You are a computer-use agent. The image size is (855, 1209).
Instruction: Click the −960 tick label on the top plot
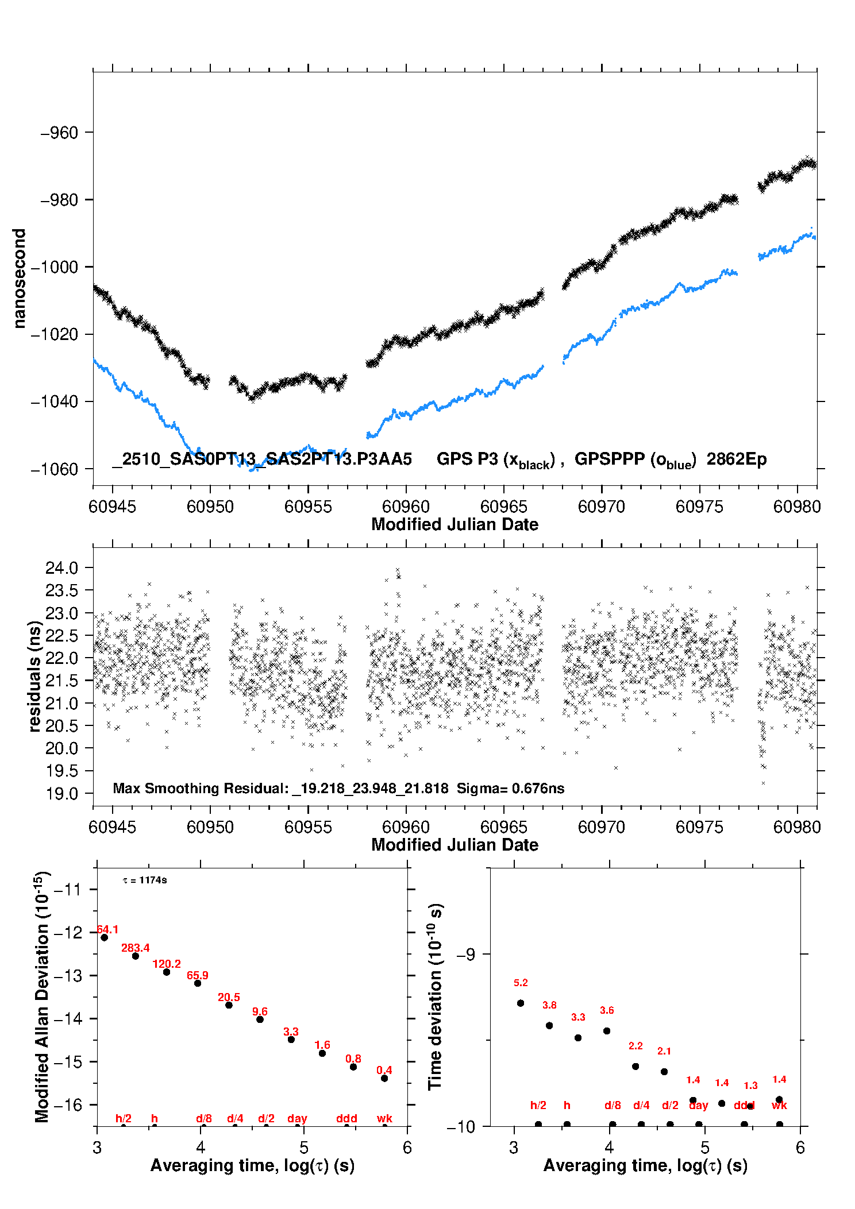pyautogui.click(x=59, y=133)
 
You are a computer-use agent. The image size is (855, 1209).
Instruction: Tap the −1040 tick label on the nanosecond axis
pyautogui.click(x=54, y=401)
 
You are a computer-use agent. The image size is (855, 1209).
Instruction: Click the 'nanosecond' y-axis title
pyautogui.click(x=20, y=279)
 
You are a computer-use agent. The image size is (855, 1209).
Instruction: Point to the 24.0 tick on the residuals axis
pyautogui.click(x=61, y=568)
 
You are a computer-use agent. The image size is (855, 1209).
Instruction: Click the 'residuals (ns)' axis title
pyautogui.click(x=35, y=676)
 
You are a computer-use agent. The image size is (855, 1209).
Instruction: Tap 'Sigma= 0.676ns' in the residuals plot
pyautogui.click(x=510, y=788)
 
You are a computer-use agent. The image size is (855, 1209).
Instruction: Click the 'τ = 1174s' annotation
pyautogui.click(x=145, y=880)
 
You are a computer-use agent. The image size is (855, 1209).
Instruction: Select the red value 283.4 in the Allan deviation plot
pyautogui.click(x=135, y=948)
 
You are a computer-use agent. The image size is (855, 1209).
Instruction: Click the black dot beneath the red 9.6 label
pyautogui.click(x=260, y=1019)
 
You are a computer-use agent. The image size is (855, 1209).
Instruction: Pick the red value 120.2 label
pyautogui.click(x=167, y=964)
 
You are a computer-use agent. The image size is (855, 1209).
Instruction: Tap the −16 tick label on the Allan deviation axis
pyautogui.click(x=67, y=1104)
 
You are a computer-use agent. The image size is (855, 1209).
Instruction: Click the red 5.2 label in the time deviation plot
pyautogui.click(x=521, y=983)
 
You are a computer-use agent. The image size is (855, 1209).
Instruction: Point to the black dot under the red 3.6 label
pyautogui.click(x=607, y=1030)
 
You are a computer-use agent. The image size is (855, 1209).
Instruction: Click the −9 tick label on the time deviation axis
pyautogui.click(x=465, y=954)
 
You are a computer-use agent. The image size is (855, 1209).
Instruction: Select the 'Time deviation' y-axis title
pyautogui.click(x=435, y=996)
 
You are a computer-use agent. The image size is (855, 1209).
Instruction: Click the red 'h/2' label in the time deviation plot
pyautogui.click(x=538, y=1105)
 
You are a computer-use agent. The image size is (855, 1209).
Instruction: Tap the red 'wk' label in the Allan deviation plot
pyautogui.click(x=384, y=1118)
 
